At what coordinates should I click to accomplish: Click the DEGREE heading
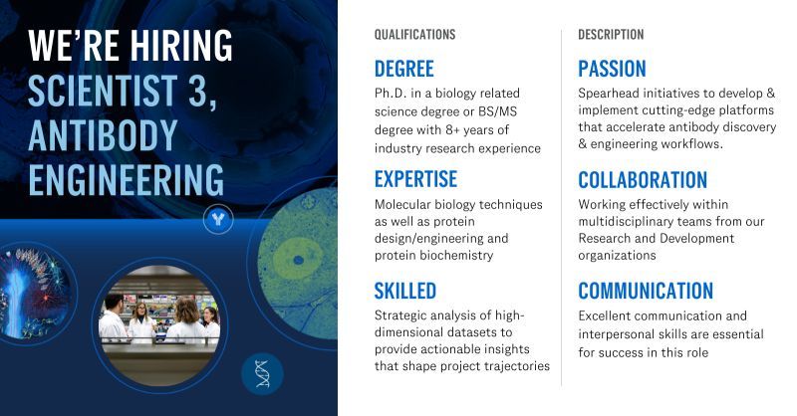pyautogui.click(x=403, y=69)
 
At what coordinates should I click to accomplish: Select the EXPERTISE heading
pyautogui.click(x=415, y=179)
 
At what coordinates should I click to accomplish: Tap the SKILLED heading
pyautogui.click(x=404, y=291)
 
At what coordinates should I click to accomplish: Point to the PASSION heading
pyautogui.click(x=612, y=69)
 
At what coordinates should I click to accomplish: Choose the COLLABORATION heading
pyautogui.click(x=643, y=180)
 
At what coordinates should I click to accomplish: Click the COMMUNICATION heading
pyautogui.click(x=646, y=291)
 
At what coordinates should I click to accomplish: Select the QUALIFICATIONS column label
pyautogui.click(x=414, y=35)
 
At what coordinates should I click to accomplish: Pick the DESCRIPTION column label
pyautogui.click(x=611, y=35)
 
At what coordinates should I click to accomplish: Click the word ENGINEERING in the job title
pyautogui.click(x=126, y=181)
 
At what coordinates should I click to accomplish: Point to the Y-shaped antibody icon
pyautogui.click(x=217, y=219)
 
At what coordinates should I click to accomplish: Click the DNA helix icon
pyautogui.click(x=263, y=374)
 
